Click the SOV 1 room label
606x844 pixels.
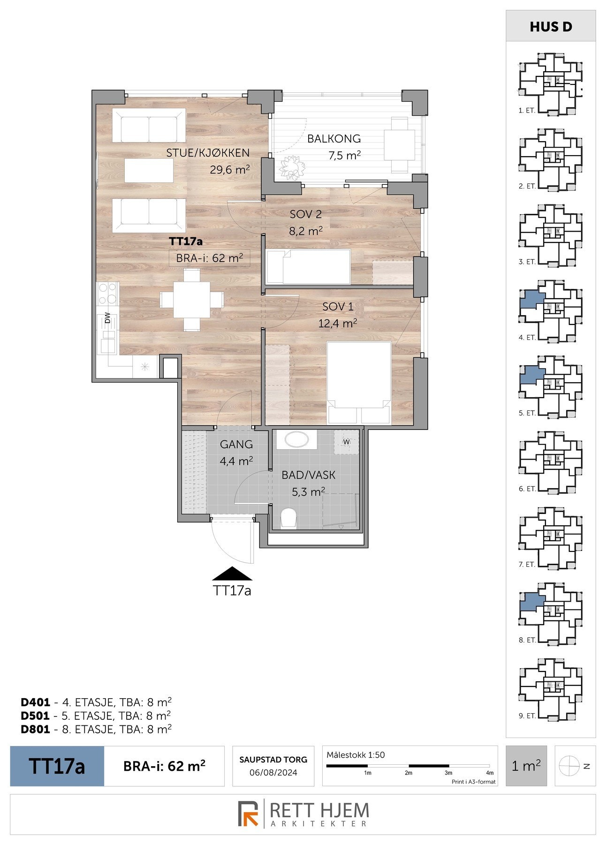[338, 307]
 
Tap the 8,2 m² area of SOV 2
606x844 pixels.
[306, 231]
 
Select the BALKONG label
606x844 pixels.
[334, 139]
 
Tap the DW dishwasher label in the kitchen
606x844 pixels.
[107, 318]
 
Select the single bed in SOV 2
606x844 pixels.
[308, 267]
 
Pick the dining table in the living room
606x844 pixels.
[191, 299]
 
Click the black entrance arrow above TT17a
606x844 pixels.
[232, 574]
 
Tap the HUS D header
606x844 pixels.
[551, 27]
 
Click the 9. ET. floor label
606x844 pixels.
[527, 716]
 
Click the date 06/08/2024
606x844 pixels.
[273, 772]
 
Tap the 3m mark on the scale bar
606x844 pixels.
[448, 773]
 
